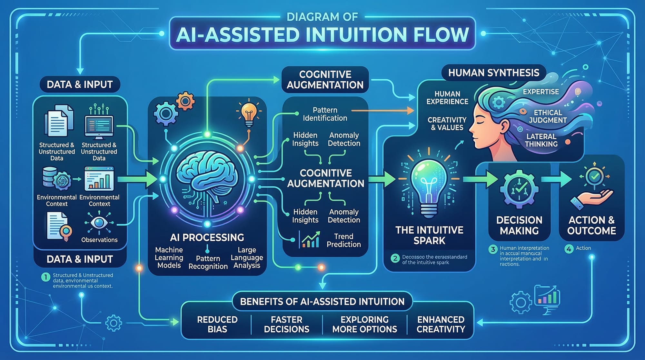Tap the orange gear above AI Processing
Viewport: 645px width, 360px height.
[x=185, y=101]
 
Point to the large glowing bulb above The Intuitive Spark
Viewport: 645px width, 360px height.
[x=429, y=184]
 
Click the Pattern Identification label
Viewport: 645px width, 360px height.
[x=325, y=114]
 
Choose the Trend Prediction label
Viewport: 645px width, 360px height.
[x=343, y=240]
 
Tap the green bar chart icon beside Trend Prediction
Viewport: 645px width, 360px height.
[x=310, y=240]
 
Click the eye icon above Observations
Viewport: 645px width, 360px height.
[x=99, y=223]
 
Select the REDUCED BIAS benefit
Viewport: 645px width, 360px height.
[x=217, y=324]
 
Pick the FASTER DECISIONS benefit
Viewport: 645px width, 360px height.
[x=286, y=324]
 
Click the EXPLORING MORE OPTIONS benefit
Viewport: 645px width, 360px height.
[x=364, y=324]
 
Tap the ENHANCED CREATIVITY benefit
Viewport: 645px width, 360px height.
[x=441, y=324]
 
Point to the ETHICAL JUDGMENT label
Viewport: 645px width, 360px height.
[x=548, y=116]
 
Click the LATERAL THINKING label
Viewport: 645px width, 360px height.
[x=541, y=140]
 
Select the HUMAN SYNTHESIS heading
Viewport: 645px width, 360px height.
[x=493, y=73]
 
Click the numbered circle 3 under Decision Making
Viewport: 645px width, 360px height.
[x=492, y=249]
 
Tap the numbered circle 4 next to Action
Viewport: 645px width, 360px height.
[x=569, y=249]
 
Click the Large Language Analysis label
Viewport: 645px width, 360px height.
[x=247, y=257]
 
